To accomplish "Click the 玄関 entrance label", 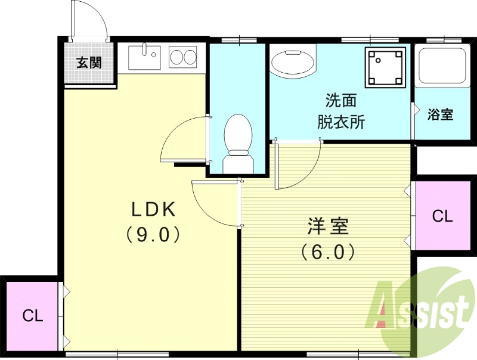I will point(89,62).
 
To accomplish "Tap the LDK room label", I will point(153,209).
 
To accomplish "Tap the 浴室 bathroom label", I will point(441,114).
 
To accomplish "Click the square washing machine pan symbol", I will point(386,65).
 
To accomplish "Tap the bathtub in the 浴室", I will point(442,66).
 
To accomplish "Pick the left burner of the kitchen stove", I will point(176,57).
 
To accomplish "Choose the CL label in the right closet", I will point(442,216).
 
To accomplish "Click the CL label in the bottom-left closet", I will point(33,316).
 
